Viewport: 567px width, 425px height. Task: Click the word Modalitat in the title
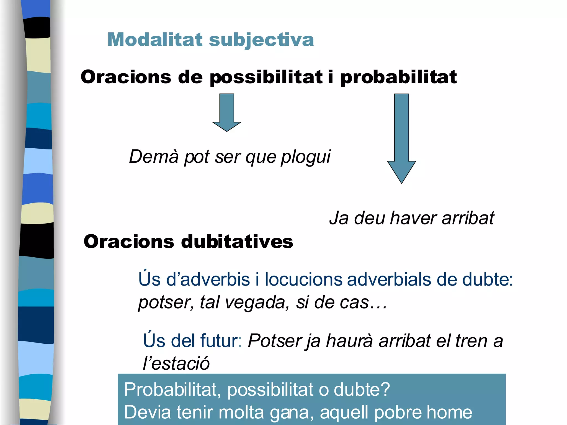coord(155,40)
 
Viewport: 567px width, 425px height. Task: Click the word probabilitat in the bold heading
coord(398,77)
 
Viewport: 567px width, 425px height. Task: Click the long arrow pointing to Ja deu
coord(401,138)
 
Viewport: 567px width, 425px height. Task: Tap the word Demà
coord(154,157)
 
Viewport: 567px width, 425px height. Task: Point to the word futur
coord(221,341)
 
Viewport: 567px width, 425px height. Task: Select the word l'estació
coord(176,363)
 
